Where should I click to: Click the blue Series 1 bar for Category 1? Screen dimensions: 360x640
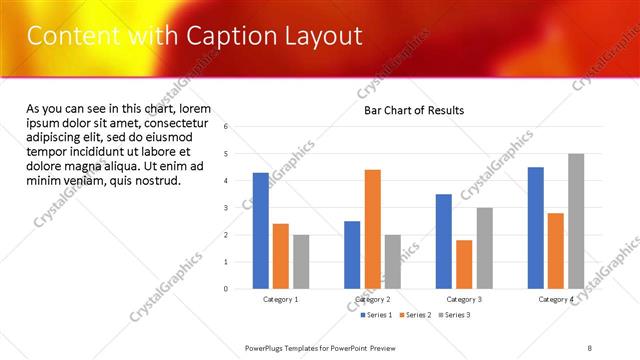click(261, 231)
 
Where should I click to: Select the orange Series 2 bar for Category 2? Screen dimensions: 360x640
click(373, 229)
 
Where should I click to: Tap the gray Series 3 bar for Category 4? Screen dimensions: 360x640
click(576, 221)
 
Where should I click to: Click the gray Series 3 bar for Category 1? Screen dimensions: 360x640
click(301, 262)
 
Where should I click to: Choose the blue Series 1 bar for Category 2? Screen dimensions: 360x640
click(352, 255)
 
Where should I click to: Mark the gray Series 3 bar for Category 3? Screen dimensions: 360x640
click(484, 248)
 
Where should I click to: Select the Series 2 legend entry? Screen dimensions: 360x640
click(415, 315)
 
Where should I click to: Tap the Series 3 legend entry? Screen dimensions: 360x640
click(455, 315)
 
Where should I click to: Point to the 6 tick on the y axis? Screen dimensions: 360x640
click(226, 127)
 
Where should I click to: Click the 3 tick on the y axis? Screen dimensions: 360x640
click(226, 208)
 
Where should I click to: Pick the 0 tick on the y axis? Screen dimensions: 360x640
click(226, 289)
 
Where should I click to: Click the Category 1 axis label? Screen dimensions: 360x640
click(281, 299)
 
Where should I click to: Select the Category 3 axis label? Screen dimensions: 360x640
click(464, 299)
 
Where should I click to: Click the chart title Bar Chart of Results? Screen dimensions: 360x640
click(414, 110)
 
